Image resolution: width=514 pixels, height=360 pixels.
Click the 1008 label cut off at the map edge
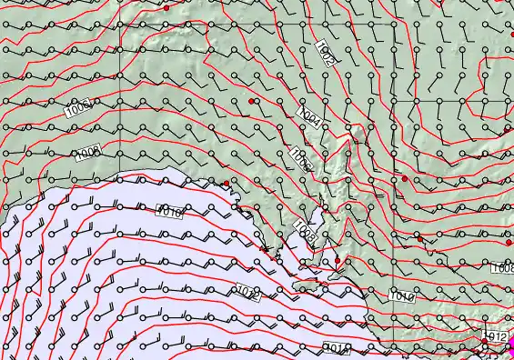click(x=502, y=269)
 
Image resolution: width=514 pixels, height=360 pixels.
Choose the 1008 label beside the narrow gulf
click(x=306, y=233)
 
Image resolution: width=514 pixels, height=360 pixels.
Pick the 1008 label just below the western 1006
click(x=88, y=153)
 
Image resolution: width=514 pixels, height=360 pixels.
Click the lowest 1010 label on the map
click(x=338, y=348)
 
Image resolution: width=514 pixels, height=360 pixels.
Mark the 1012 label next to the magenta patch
click(x=496, y=336)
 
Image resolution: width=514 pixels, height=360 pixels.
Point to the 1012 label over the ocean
click(x=248, y=293)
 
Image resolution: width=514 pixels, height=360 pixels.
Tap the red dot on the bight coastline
click(x=227, y=184)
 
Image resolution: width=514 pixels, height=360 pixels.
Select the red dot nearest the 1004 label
click(x=251, y=100)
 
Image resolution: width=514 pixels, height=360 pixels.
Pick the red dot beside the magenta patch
click(x=485, y=350)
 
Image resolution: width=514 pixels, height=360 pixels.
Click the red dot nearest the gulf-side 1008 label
click(x=338, y=261)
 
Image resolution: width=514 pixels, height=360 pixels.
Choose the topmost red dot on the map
click(x=166, y=7)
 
